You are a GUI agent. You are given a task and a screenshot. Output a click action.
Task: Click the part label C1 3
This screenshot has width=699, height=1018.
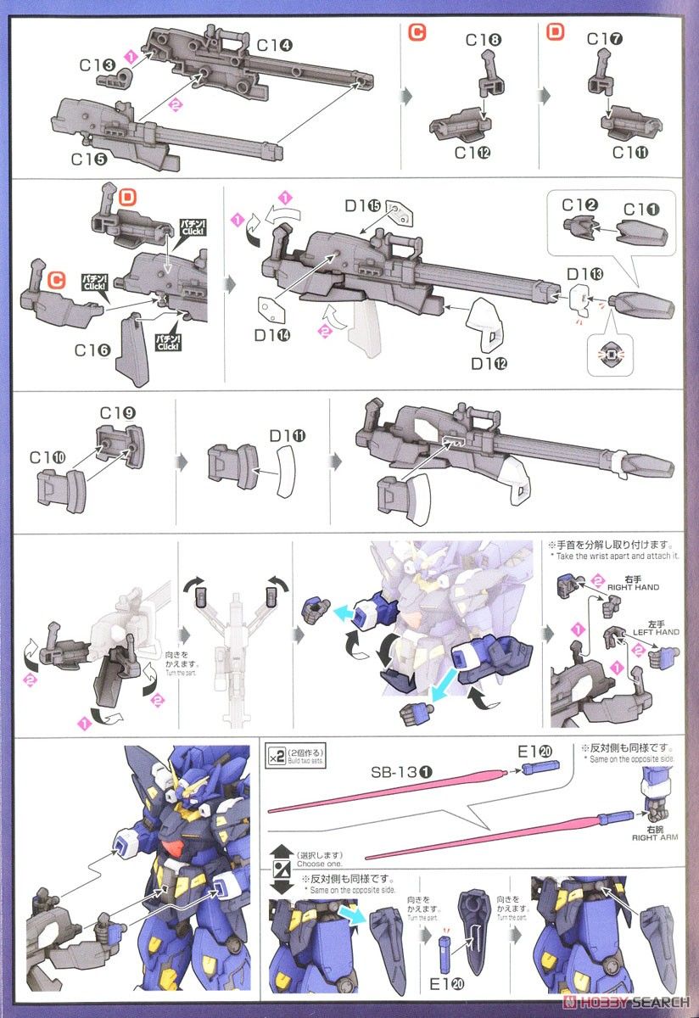coord(112,66)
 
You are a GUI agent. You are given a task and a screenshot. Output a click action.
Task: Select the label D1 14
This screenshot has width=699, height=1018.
coord(272,335)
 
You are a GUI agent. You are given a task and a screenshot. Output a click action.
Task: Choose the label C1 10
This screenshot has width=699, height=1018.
coord(49,457)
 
